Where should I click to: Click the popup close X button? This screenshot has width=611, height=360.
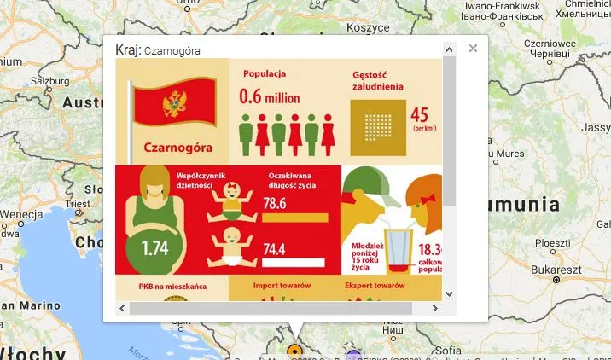pyautogui.click(x=473, y=49)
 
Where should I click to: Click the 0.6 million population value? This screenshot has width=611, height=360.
pyautogui.click(x=269, y=97)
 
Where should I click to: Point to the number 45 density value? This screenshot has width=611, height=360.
pyautogui.click(x=420, y=115)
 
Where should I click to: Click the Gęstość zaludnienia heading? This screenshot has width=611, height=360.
pyautogui.click(x=378, y=80)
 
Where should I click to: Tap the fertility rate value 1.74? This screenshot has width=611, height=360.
pyautogui.click(x=155, y=249)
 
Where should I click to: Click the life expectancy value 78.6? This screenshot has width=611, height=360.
pyautogui.click(x=274, y=204)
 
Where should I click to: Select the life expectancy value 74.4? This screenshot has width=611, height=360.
pyautogui.click(x=274, y=249)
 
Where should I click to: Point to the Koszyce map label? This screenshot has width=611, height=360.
pyautogui.click(x=345, y=27)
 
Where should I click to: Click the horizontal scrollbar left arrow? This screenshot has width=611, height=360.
pyautogui.click(x=122, y=308)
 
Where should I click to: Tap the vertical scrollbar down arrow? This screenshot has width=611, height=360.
pyautogui.click(x=449, y=293)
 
